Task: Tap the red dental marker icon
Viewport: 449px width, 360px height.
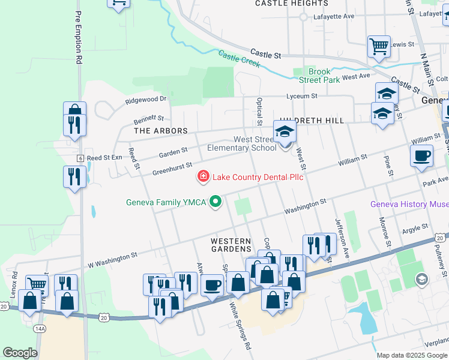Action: point(203,176)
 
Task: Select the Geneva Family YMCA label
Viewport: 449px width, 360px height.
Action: point(166,202)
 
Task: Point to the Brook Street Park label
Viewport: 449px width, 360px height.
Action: point(324,76)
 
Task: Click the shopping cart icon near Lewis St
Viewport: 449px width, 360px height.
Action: point(379,46)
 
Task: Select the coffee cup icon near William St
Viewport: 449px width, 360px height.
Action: point(421,155)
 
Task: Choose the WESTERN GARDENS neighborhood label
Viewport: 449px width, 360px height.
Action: point(231,244)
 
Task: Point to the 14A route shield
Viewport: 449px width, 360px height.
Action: point(40,329)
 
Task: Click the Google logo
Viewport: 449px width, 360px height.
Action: point(20,353)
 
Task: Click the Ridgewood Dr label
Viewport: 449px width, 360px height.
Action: point(146,99)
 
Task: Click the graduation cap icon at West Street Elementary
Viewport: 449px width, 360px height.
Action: point(285,132)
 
